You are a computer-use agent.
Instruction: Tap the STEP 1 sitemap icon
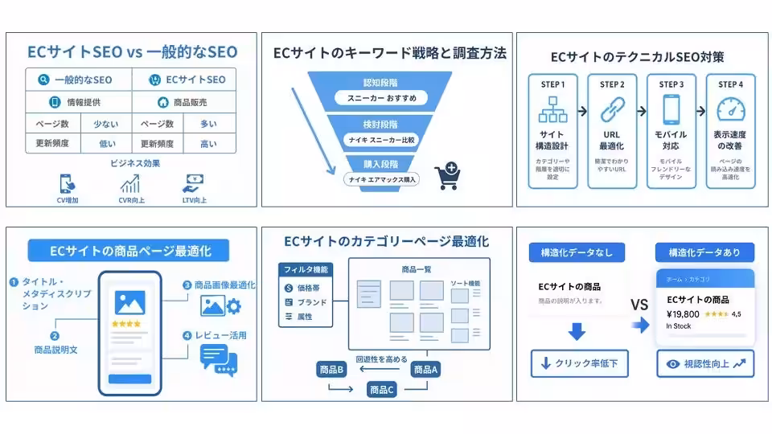[x=552, y=110]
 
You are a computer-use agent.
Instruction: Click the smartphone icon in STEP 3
[x=671, y=110]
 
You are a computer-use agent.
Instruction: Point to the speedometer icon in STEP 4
[x=730, y=110]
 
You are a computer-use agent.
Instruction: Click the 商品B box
[x=331, y=370]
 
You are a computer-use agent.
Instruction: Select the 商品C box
[x=382, y=390]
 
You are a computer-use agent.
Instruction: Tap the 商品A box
[x=425, y=370]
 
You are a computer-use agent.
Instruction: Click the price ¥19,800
[x=683, y=314]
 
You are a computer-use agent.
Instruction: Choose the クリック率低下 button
[x=578, y=363]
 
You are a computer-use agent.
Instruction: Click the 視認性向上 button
[x=705, y=363]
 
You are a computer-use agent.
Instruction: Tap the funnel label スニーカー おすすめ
[x=381, y=98]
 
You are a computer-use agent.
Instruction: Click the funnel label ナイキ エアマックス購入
[x=381, y=179]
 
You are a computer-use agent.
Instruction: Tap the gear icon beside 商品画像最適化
[x=234, y=305]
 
